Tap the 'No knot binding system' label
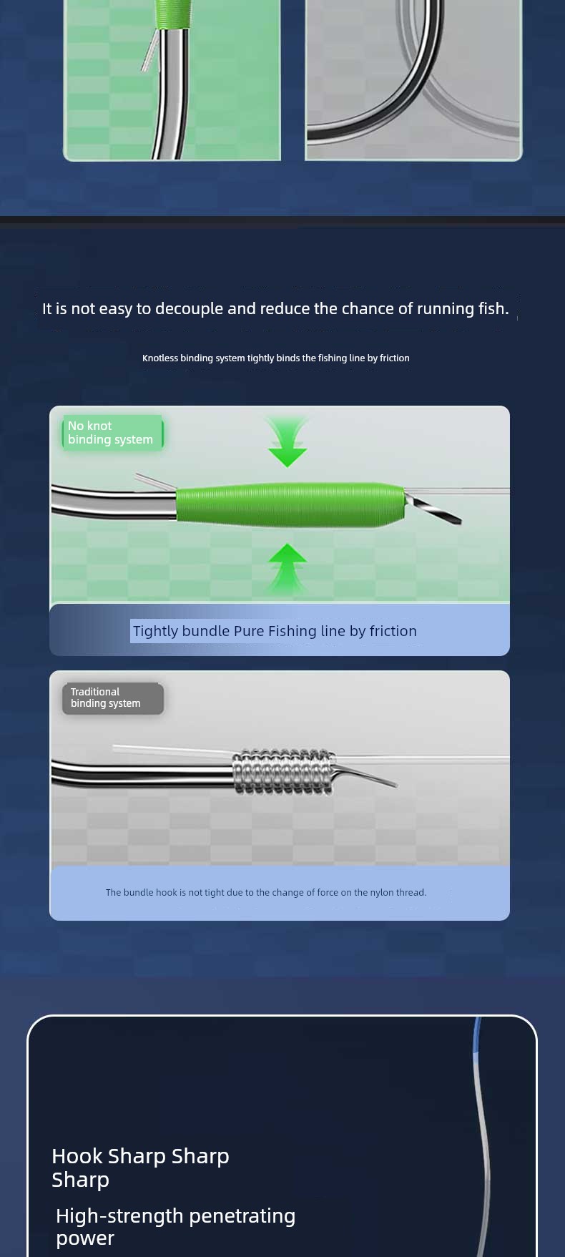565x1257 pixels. coord(112,433)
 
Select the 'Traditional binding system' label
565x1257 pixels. coord(113,698)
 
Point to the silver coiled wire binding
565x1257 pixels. coord(284,771)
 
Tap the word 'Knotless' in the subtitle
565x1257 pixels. coord(160,358)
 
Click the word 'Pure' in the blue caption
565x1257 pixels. coord(249,631)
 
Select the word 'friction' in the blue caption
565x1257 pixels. coord(393,631)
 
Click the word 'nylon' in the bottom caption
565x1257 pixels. coord(382,893)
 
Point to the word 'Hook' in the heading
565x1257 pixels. coord(77,1156)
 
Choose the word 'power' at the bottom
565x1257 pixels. coord(85,1239)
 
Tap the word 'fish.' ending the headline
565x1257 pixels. coord(493,308)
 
